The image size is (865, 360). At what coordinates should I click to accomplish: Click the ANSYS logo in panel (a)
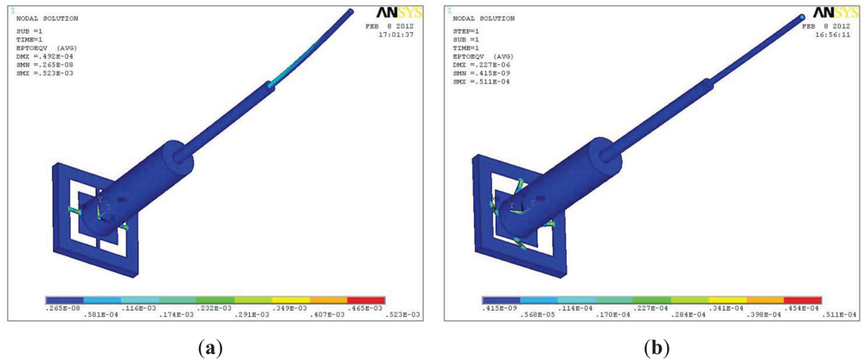(396, 12)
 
